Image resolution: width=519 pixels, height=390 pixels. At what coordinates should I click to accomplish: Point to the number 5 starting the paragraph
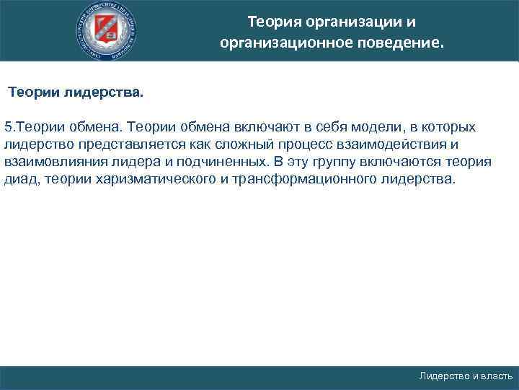pyautogui.click(x=7, y=126)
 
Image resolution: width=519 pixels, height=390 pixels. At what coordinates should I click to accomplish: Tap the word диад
pyautogui.click(x=20, y=178)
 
